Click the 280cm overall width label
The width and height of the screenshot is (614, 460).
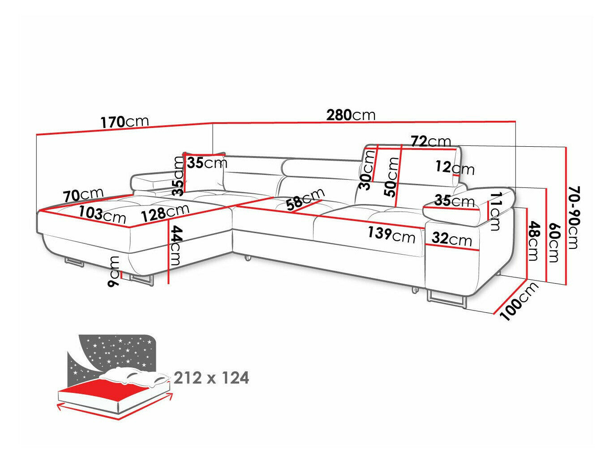point(350,115)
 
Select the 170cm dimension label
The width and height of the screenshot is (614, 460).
point(124,122)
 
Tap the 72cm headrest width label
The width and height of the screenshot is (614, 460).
point(431,141)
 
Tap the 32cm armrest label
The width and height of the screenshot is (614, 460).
point(451,239)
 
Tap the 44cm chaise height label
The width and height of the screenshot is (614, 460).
point(176,246)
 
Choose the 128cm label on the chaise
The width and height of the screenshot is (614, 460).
point(165,213)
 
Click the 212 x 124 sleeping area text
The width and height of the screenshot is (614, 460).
point(211,378)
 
